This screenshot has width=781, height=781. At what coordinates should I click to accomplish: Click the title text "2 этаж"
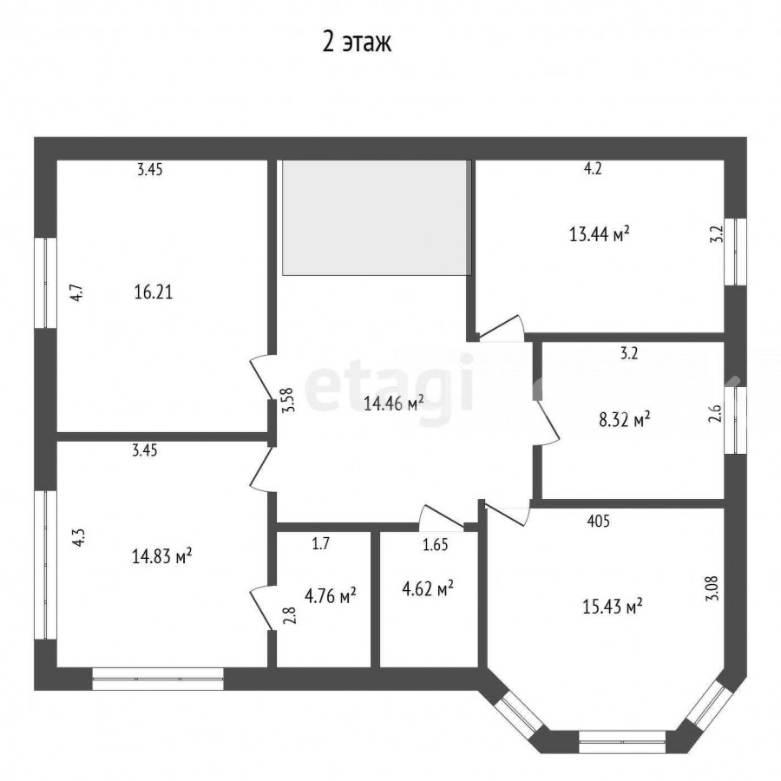pos(357,42)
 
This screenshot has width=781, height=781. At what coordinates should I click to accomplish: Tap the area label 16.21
pos(154,292)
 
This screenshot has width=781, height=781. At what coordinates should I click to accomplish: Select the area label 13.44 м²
pos(599,233)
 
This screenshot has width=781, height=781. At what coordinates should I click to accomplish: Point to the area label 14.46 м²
pos(393,403)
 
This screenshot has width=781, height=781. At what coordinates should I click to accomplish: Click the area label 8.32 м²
pos(624,419)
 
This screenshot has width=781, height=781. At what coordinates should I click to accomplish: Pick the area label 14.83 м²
pos(162,556)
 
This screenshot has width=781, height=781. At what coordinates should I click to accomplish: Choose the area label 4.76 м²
pos(330,595)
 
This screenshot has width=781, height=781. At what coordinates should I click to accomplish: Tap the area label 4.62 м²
pos(427,590)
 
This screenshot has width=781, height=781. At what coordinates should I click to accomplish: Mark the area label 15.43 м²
pos(612,607)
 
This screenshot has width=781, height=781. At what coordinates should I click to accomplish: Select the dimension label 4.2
pos(593,169)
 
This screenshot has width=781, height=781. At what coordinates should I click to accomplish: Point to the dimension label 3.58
pos(289,400)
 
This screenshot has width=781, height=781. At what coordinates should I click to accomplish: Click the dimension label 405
pos(598,521)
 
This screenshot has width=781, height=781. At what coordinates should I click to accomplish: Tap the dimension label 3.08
pos(712,588)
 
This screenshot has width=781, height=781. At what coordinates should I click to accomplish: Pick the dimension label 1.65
pos(436,545)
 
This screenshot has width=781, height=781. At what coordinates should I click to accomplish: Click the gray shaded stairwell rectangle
pos(377,217)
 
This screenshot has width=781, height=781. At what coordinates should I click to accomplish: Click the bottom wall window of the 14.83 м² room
pos(158,679)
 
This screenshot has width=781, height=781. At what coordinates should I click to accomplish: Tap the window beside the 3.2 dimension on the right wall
pos(735,252)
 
